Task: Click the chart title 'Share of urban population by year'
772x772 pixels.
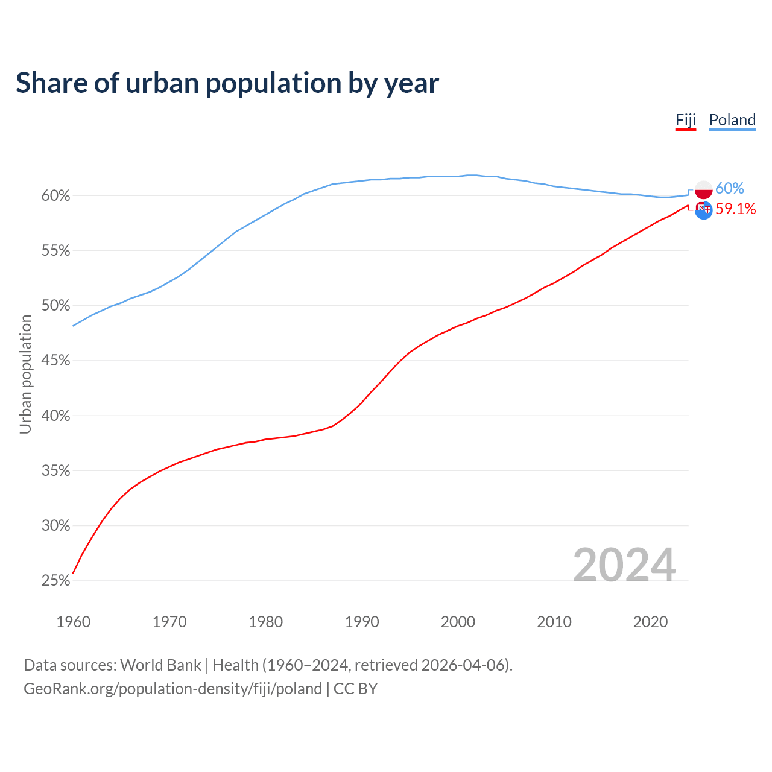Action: click(x=227, y=83)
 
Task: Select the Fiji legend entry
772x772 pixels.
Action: click(x=686, y=120)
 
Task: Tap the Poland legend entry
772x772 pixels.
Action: click(x=732, y=120)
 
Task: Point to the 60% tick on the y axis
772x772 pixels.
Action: click(x=56, y=196)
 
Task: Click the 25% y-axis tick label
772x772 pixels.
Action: click(x=56, y=581)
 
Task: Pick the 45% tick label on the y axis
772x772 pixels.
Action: click(x=56, y=361)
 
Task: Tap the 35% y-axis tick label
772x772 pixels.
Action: click(x=56, y=471)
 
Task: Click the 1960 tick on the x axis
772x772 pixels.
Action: click(x=73, y=622)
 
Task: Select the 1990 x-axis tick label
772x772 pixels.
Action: click(x=362, y=622)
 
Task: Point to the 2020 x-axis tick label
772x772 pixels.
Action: click(x=650, y=622)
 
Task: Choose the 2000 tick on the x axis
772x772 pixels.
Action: click(x=458, y=622)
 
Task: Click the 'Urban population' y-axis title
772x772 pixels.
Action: click(x=25, y=374)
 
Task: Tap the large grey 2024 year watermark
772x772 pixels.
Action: click(x=624, y=565)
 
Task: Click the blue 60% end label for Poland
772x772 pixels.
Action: click(x=730, y=189)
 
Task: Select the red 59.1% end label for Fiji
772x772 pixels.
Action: click(x=735, y=209)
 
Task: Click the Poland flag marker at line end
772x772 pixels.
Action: click(x=704, y=190)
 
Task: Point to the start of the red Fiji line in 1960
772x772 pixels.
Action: click(x=74, y=572)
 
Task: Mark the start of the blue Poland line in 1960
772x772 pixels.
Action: click(x=74, y=326)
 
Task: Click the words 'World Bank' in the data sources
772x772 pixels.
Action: click(x=160, y=665)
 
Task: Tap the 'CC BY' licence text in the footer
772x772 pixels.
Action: click(x=355, y=689)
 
